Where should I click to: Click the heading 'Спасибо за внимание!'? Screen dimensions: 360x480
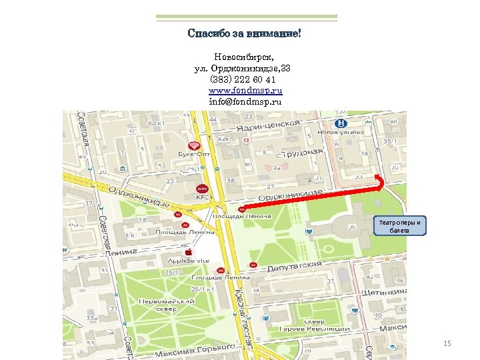(x=245, y=33)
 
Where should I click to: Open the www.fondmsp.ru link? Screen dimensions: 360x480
(x=245, y=91)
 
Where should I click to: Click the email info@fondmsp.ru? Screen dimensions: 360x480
(x=245, y=102)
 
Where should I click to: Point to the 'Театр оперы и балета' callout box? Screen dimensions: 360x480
(x=399, y=226)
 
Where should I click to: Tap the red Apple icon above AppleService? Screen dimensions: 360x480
(x=189, y=252)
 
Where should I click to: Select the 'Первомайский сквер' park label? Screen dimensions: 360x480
(x=157, y=305)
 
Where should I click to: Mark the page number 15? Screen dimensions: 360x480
(x=447, y=343)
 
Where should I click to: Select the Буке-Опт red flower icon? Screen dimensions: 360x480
(x=194, y=145)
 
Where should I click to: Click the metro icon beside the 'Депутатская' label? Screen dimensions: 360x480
(x=252, y=265)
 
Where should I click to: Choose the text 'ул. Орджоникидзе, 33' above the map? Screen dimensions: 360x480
(x=242, y=69)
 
